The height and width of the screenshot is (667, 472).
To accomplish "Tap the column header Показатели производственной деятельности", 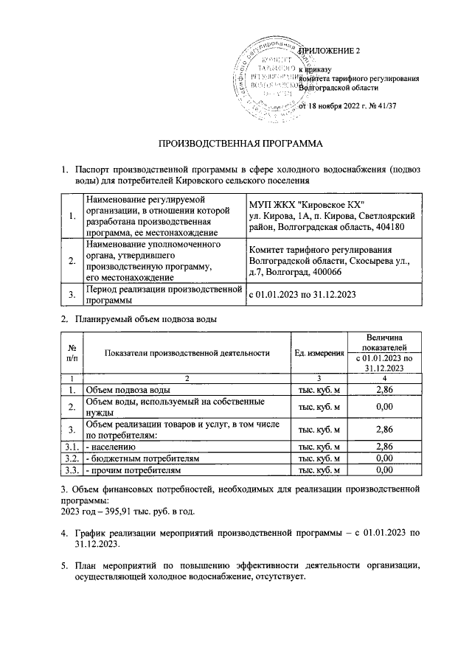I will pos(187,353).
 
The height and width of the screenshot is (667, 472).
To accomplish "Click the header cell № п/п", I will pos(72,353).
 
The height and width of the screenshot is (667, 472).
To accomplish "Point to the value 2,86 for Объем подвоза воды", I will pos(383,388).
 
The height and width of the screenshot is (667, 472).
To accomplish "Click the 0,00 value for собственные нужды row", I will pos(383,406).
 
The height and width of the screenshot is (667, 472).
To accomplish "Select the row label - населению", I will pos(110,447).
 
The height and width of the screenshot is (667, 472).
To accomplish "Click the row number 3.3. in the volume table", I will pos(72,469).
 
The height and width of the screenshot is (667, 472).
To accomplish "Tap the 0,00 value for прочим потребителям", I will pos(383,469).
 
